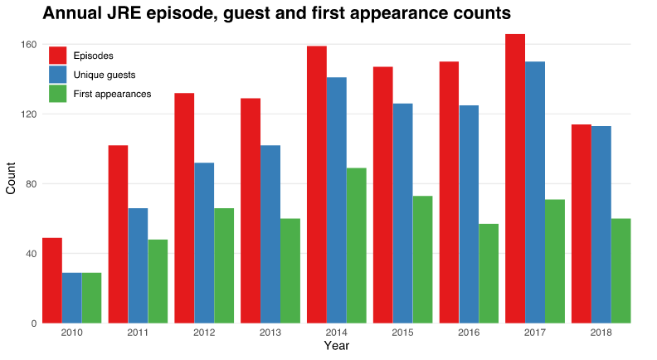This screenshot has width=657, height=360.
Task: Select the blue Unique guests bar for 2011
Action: (x=138, y=265)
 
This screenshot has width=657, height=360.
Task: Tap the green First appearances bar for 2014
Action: (x=356, y=246)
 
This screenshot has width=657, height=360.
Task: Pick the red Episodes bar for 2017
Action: (x=515, y=178)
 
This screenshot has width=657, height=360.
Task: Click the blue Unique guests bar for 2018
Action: (x=601, y=224)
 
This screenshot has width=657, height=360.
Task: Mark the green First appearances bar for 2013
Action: (x=290, y=270)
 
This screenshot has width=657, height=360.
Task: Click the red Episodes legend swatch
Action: (x=57, y=56)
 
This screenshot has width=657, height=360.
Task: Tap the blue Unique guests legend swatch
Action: (x=57, y=75)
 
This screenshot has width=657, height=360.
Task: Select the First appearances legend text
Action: (x=112, y=94)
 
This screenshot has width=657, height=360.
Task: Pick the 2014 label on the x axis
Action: (x=337, y=333)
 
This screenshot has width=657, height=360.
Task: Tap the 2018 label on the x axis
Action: (x=601, y=333)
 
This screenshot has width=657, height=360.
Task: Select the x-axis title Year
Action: (x=336, y=346)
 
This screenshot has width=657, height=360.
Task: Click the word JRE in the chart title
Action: (x=123, y=13)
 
